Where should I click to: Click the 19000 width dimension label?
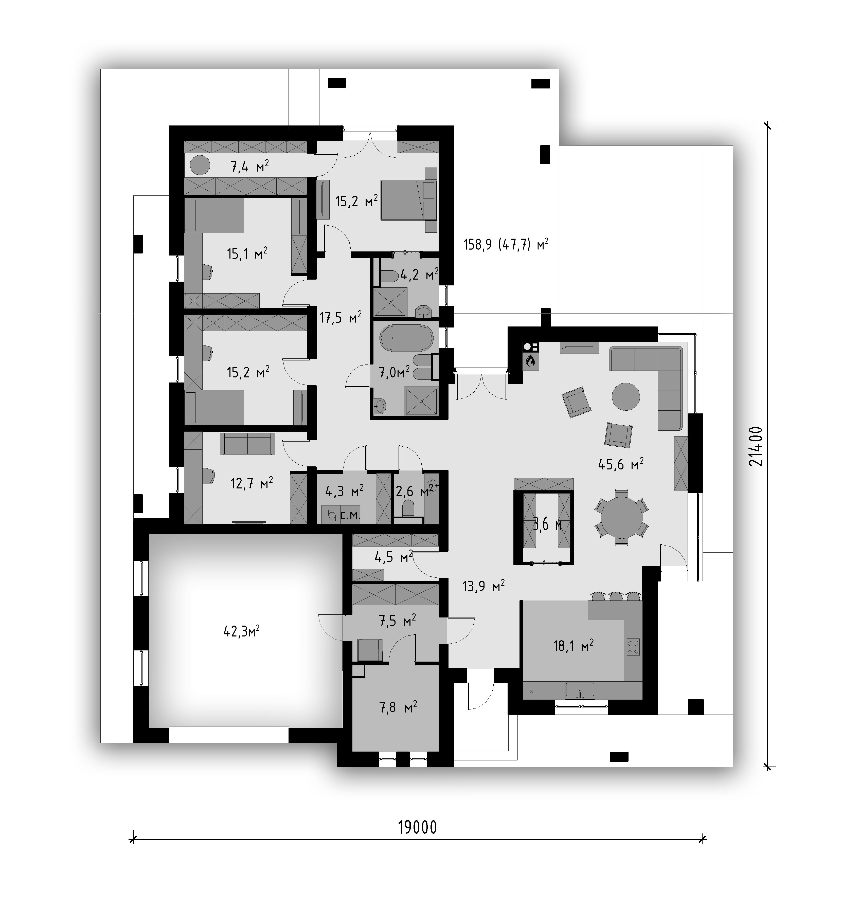(x=417, y=827)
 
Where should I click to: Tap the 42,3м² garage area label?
(x=241, y=631)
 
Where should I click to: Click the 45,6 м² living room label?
(x=621, y=465)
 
